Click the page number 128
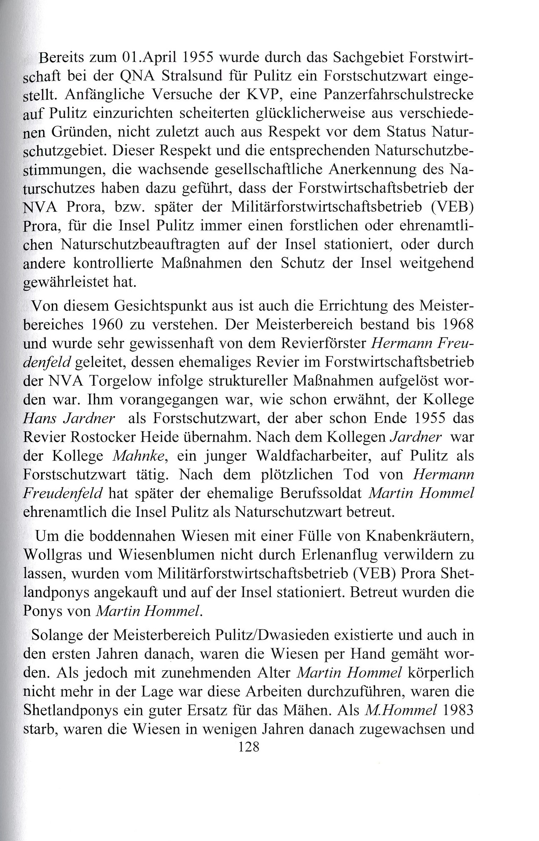(249, 747)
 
